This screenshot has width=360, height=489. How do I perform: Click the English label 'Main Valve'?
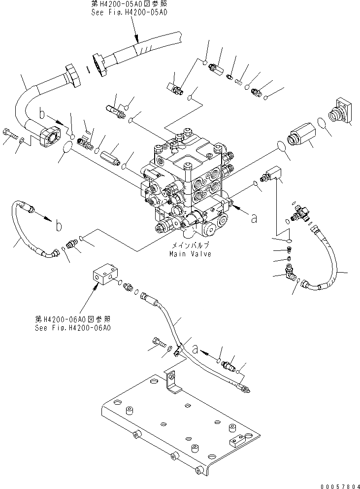[x=190, y=254]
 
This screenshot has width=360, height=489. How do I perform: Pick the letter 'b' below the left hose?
[x=59, y=226]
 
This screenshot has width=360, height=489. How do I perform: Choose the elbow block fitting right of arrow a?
[x=272, y=175]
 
